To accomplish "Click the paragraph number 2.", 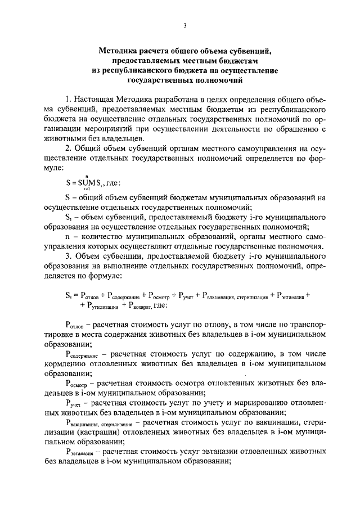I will [x=68, y=148].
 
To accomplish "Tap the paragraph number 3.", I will [x=68, y=256].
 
